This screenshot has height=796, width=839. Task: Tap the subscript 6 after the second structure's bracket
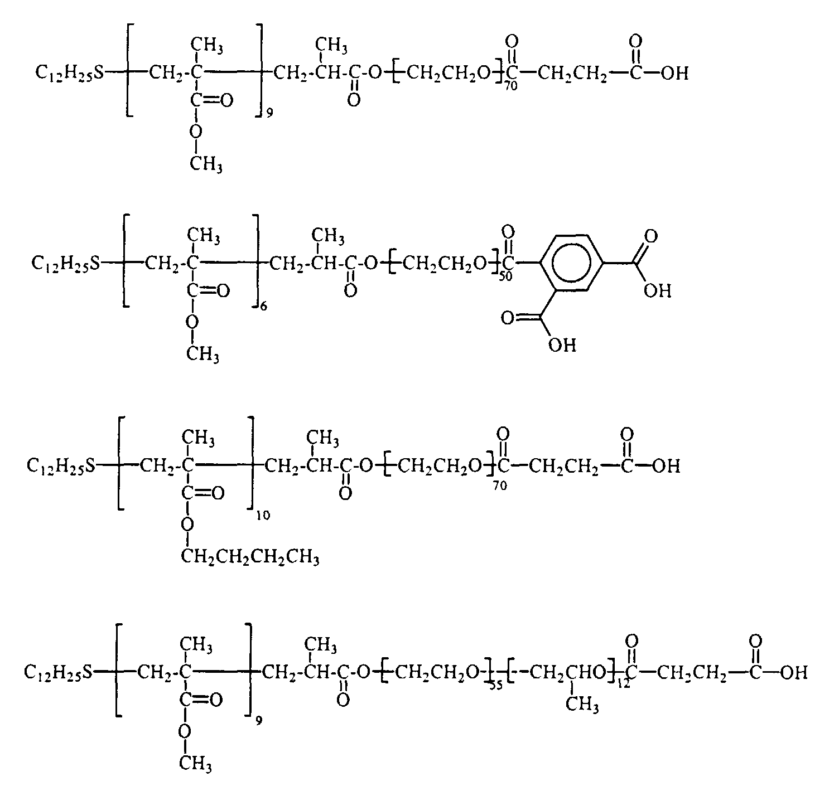(263, 305)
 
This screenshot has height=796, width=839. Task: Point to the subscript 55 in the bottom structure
(495, 685)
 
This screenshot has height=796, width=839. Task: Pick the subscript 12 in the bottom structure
(623, 683)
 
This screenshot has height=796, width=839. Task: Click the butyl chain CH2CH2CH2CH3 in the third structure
(250, 557)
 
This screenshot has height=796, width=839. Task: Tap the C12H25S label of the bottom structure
(57, 673)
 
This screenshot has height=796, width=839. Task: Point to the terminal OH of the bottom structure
(794, 673)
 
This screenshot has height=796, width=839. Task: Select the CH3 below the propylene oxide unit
(582, 705)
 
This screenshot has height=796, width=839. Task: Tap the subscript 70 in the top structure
(510, 86)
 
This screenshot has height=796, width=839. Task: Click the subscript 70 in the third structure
(500, 486)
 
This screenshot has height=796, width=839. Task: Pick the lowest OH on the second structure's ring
(562, 346)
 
